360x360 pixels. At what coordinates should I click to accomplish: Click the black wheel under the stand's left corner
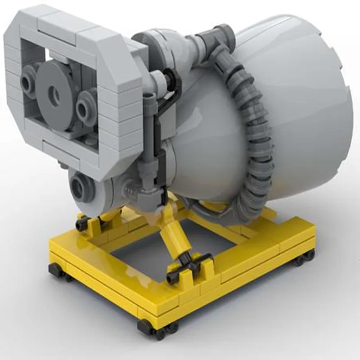(57, 270)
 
